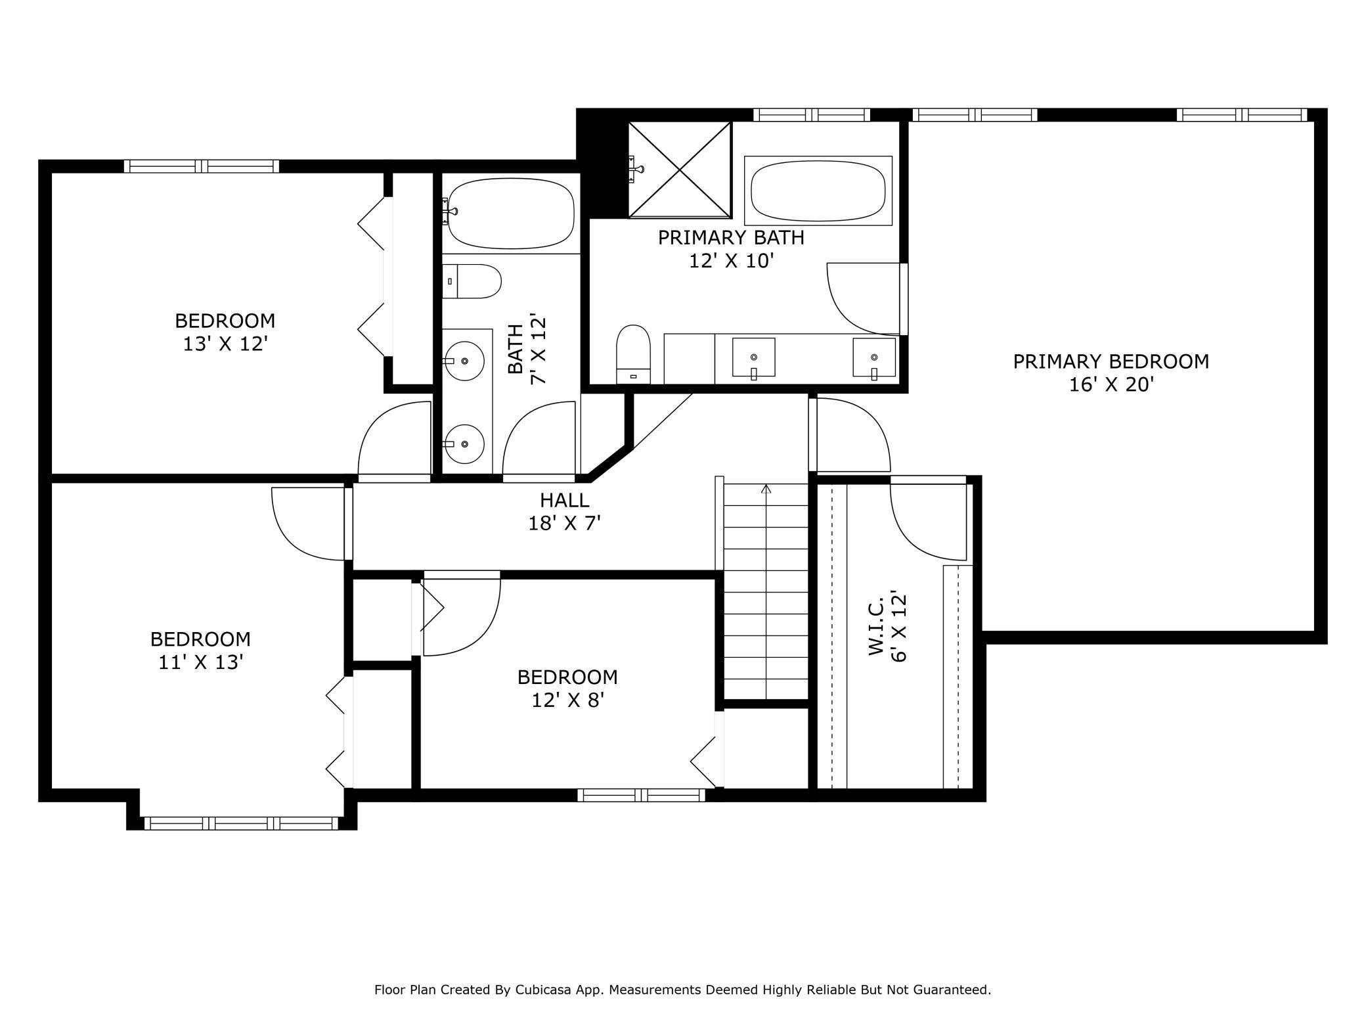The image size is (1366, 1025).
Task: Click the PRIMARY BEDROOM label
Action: pos(1111,361)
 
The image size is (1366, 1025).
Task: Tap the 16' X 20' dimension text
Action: pos(1111,385)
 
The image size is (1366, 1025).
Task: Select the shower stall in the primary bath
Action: pos(680,170)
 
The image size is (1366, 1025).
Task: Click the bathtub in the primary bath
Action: pos(818,191)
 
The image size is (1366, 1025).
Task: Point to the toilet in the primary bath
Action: pos(633,353)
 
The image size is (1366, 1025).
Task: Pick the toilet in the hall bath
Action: pos(472,281)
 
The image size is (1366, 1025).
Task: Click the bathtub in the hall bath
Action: pos(511,214)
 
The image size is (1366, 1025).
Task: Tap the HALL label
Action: pos(565,501)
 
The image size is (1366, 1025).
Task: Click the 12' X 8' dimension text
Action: pos(567,700)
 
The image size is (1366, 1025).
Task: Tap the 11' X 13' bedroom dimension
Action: pos(201,662)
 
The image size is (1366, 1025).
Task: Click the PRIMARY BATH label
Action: pos(731,238)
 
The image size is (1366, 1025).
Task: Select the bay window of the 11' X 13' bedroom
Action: pos(241,823)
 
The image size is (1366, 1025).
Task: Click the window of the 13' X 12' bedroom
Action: pos(202,166)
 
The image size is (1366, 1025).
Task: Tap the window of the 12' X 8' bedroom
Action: pos(641,795)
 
